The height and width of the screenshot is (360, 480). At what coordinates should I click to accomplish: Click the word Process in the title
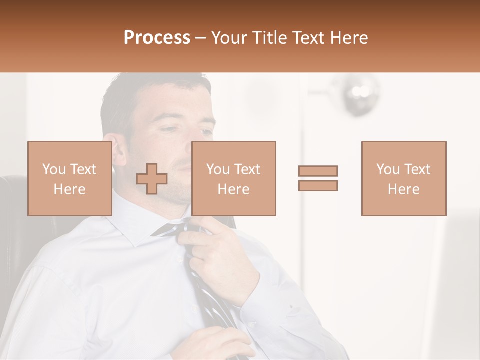click(157, 38)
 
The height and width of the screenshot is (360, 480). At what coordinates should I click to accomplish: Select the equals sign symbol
click(318, 178)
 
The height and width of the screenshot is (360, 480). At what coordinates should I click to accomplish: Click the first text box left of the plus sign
click(69, 178)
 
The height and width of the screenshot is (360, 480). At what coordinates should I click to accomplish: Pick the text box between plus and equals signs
click(233, 178)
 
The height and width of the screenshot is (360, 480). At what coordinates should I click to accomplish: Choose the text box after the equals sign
click(403, 178)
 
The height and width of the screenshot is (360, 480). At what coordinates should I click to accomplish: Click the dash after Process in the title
click(201, 38)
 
